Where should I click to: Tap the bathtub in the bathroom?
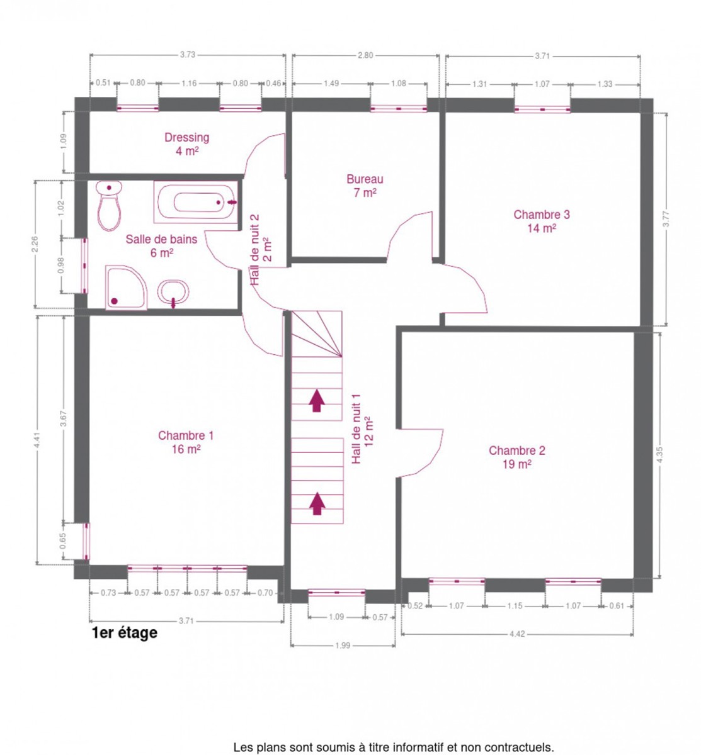coord(196,202)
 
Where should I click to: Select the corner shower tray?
coord(126,288)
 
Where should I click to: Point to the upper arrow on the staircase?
coord(316,400)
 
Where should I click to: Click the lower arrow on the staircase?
coord(317,503)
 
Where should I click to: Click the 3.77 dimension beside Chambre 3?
coord(666,219)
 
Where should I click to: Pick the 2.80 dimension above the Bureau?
coord(365,55)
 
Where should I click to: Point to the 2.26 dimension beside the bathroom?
coord(35,244)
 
